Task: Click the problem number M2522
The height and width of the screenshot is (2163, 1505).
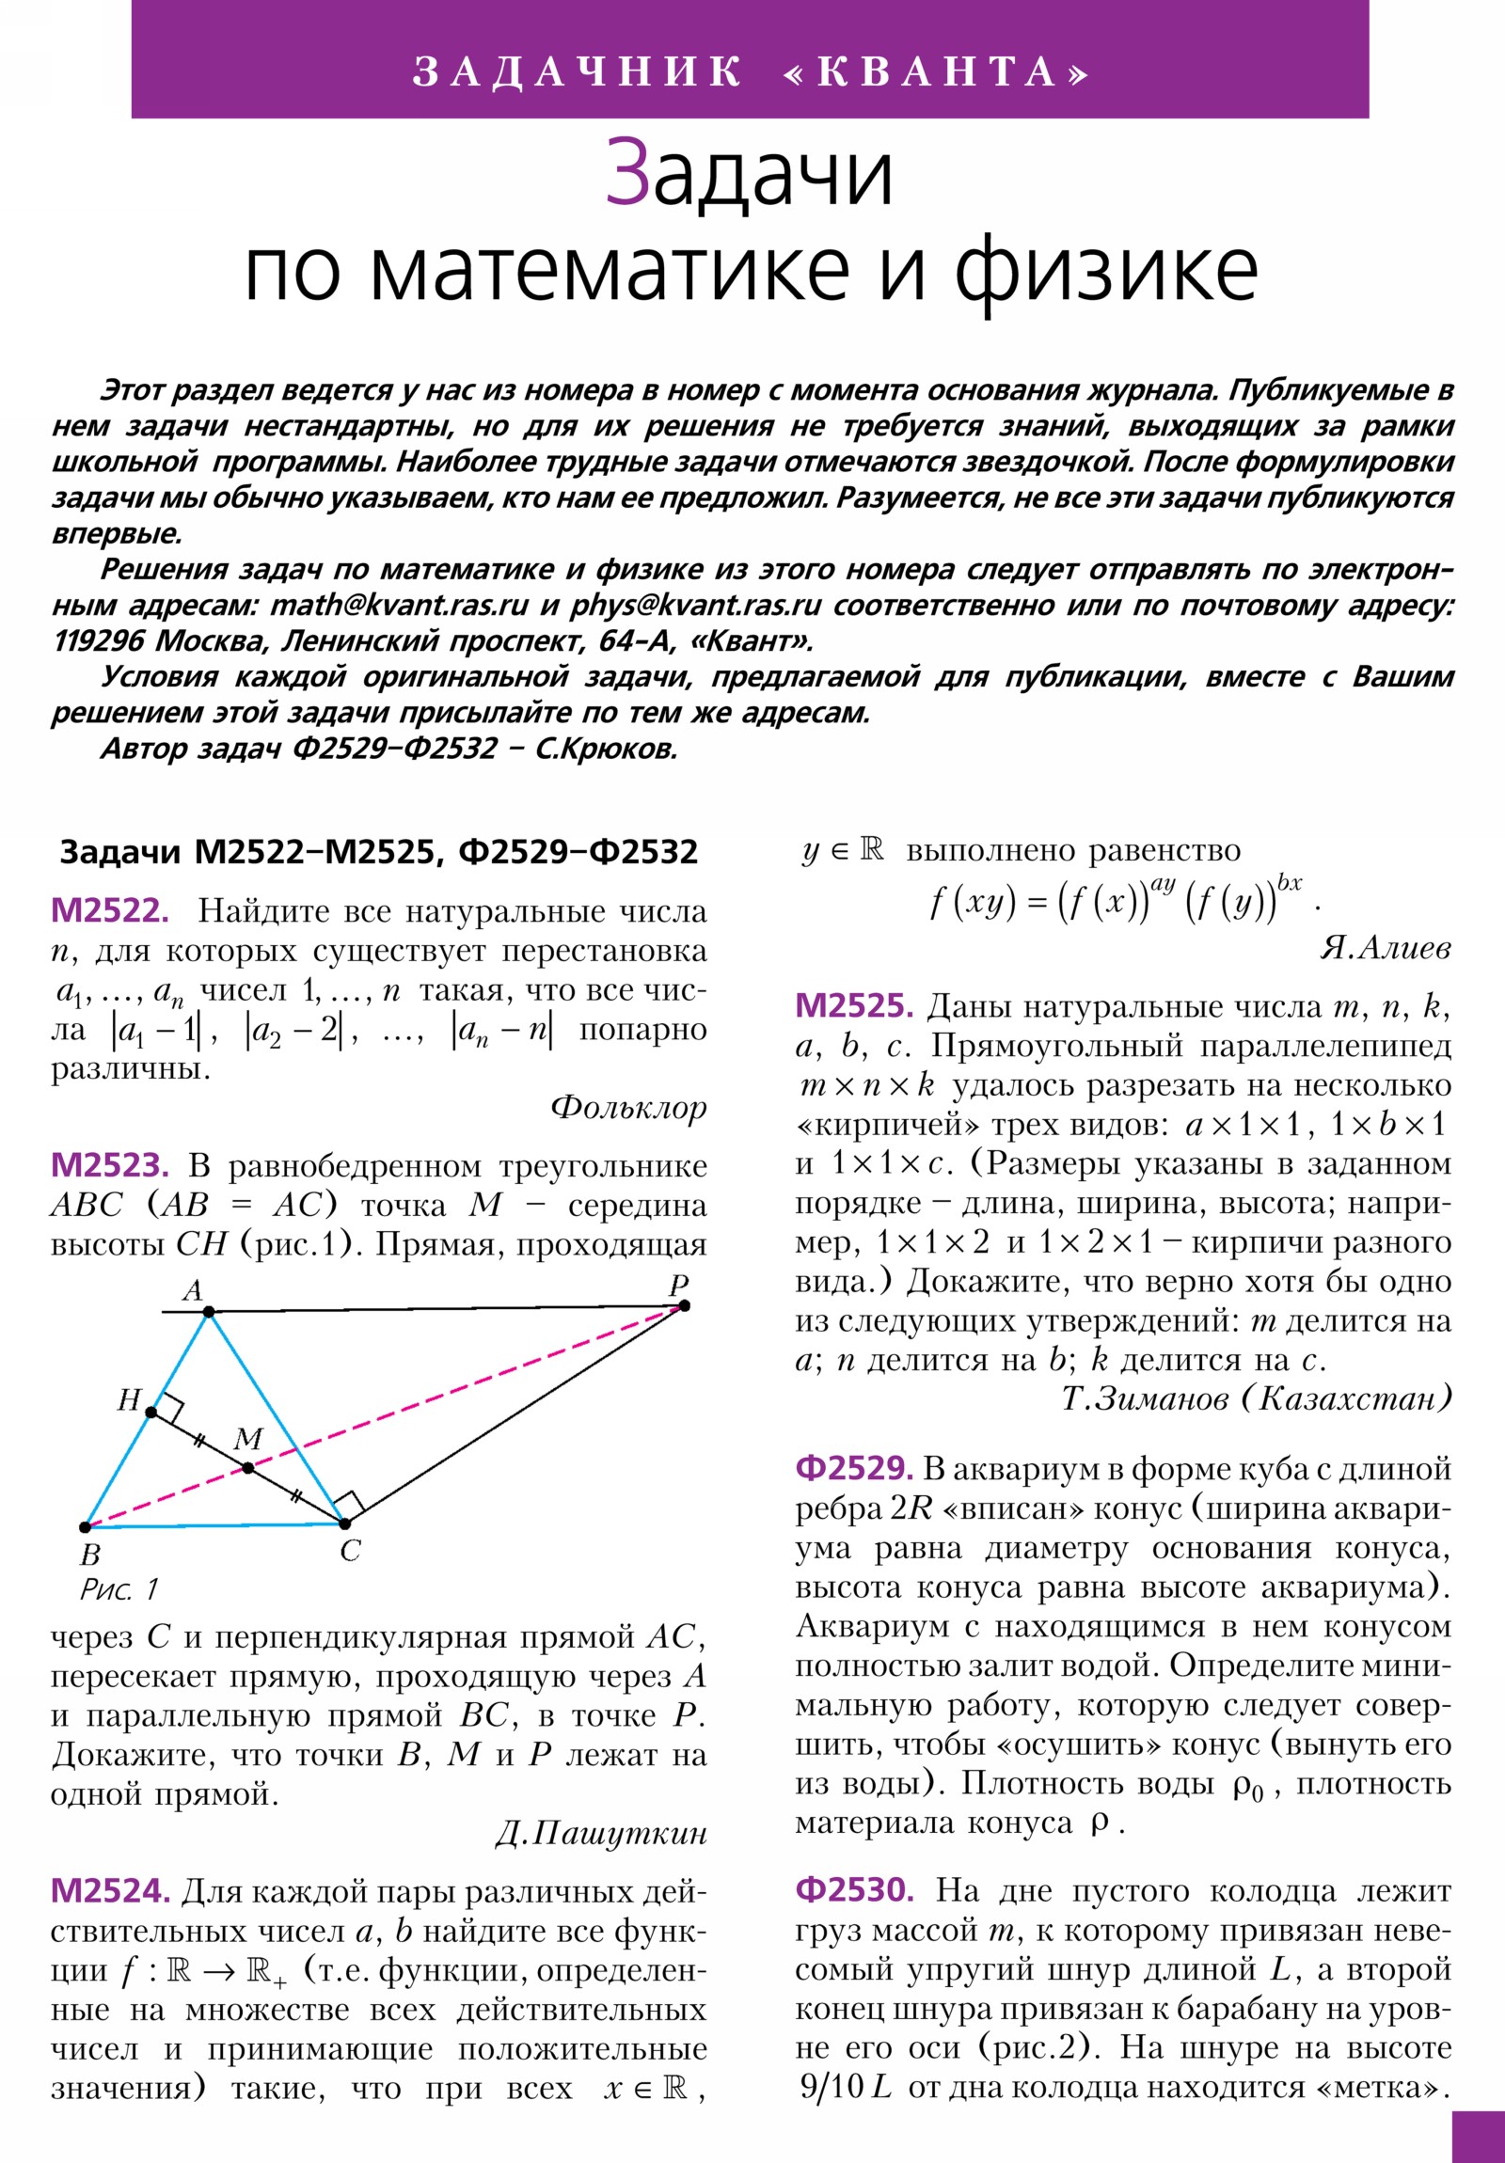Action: tap(109, 911)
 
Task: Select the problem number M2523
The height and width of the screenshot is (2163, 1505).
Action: tap(109, 1166)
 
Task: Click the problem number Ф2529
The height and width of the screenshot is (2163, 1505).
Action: tap(854, 1469)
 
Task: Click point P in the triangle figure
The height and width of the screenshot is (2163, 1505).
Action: tap(684, 1304)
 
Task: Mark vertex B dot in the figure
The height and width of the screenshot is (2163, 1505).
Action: tap(85, 1527)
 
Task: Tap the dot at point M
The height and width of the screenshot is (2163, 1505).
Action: tap(247, 1468)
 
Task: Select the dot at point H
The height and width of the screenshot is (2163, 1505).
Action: tap(150, 1413)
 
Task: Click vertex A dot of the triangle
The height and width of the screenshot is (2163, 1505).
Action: tap(209, 1311)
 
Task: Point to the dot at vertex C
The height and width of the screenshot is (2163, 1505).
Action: tap(345, 1524)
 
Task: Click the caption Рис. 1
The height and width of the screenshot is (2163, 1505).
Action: tap(119, 1591)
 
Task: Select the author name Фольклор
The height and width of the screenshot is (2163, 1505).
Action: tap(628, 1107)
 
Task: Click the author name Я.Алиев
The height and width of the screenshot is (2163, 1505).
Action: tap(1386, 948)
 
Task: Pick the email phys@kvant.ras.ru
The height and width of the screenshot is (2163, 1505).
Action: tap(696, 605)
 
